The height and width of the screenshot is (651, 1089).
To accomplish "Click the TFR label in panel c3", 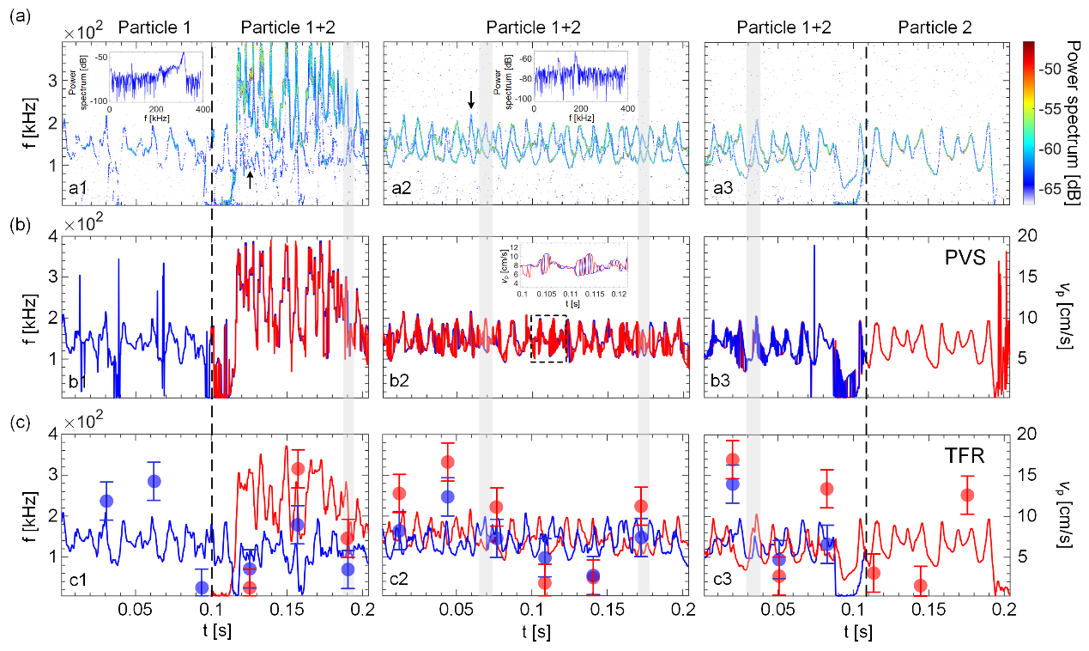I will (960, 455).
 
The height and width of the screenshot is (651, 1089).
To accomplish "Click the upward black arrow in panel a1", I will (250, 179).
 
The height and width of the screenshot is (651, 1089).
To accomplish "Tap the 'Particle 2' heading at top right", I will (935, 27).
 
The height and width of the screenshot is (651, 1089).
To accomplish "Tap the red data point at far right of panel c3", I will (967, 495).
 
